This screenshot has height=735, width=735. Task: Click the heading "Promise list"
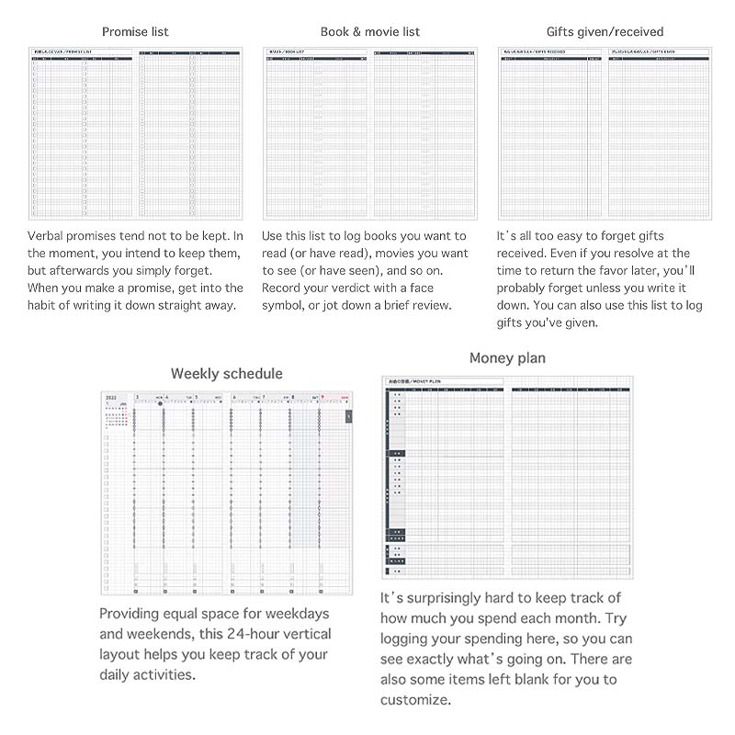pyautogui.click(x=135, y=31)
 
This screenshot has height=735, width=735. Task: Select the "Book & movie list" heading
pyautogui.click(x=369, y=31)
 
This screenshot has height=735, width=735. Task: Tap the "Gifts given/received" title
pyautogui.click(x=605, y=31)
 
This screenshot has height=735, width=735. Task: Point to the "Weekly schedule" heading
pyautogui.click(x=226, y=373)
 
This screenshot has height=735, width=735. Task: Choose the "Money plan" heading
pyautogui.click(x=506, y=357)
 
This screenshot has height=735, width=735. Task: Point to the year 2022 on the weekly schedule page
pyautogui.click(x=111, y=398)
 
